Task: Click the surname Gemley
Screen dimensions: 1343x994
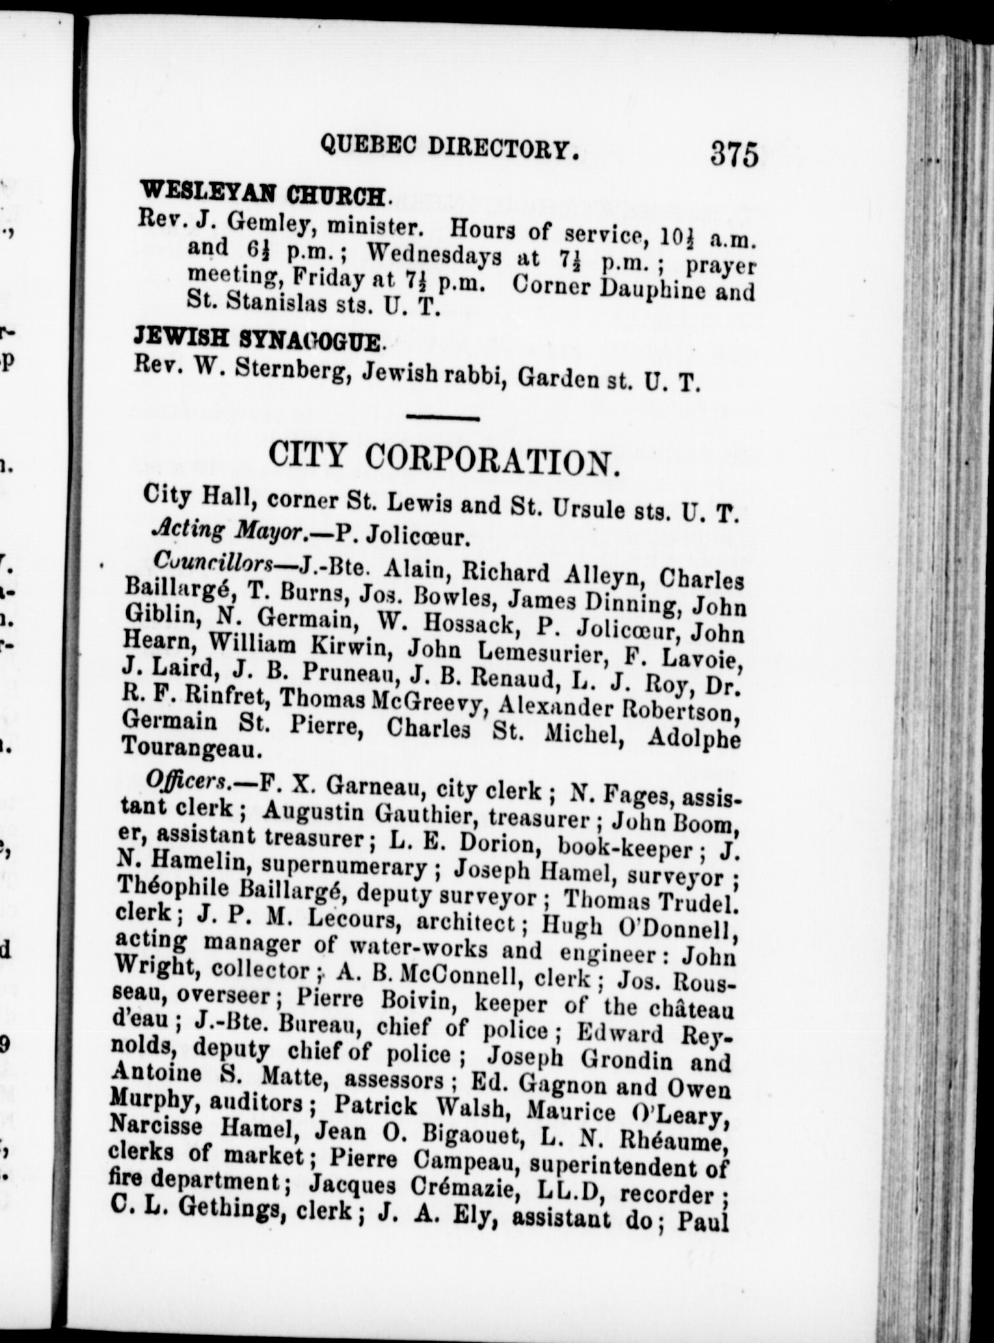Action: [x=263, y=224]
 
